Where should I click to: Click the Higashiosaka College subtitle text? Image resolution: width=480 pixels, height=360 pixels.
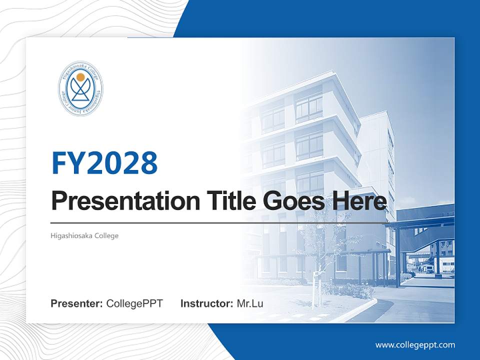[x=84, y=235]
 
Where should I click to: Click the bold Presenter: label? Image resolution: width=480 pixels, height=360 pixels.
[x=77, y=303]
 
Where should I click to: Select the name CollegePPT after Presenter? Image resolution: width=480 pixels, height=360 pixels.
[x=134, y=303]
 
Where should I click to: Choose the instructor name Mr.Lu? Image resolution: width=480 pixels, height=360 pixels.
[x=250, y=303]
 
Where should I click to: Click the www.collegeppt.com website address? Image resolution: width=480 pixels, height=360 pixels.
[x=415, y=344]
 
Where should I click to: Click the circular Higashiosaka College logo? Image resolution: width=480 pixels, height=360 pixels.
[x=80, y=88]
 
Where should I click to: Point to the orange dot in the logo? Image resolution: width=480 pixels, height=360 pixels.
[x=80, y=77]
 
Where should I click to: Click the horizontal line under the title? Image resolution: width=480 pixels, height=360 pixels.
[x=220, y=223]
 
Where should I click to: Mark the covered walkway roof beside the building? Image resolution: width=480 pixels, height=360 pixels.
[x=420, y=222]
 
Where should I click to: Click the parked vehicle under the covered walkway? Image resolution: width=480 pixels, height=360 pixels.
[x=429, y=268]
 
